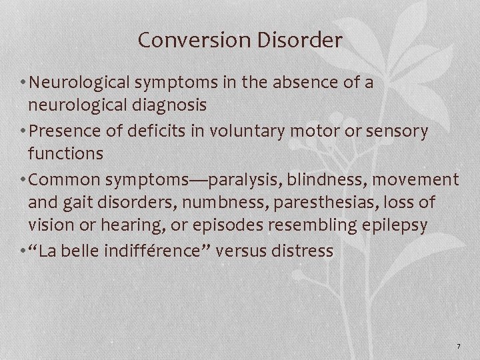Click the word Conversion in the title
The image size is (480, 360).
pos(188,41)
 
